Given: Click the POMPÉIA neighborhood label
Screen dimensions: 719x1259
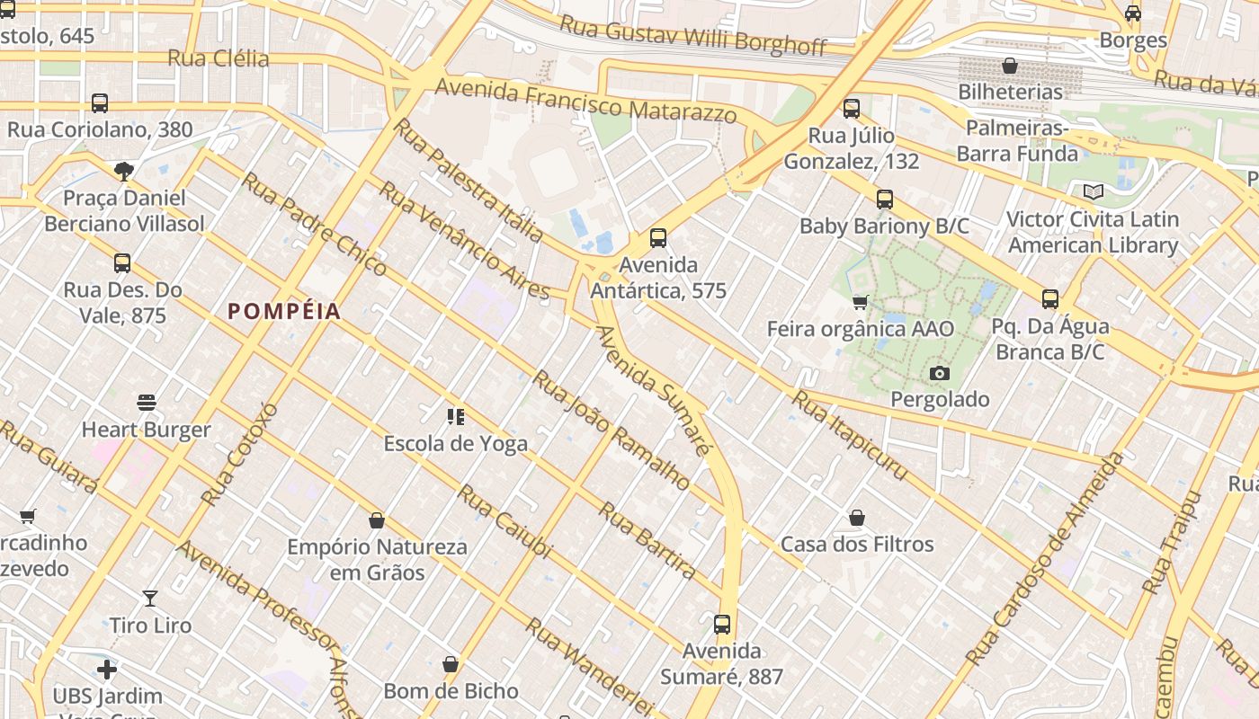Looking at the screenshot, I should tap(284, 312).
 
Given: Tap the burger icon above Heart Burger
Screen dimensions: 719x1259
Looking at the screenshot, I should tap(147, 403).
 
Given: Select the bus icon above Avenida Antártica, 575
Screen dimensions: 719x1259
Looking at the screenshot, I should tap(658, 238).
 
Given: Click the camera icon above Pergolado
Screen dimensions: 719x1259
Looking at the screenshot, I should tap(940, 373).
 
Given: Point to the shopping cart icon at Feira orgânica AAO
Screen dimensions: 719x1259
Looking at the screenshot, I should tap(861, 302).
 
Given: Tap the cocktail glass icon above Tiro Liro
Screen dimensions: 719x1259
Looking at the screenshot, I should tap(150, 598).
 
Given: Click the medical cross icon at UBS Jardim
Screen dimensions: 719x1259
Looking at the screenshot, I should tap(107, 670).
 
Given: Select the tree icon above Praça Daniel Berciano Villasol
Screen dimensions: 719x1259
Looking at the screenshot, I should tap(124, 171).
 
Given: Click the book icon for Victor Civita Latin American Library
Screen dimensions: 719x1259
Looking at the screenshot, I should tap(1093, 191).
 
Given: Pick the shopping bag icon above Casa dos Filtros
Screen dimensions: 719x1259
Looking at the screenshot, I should tap(857, 518).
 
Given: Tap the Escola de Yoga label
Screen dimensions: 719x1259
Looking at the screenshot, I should tap(455, 443).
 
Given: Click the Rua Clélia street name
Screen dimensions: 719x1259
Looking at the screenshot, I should tap(219, 59).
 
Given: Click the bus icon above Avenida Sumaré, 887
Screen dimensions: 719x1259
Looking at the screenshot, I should tap(722, 624).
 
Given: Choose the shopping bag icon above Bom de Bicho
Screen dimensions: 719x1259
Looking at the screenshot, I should tap(451, 664).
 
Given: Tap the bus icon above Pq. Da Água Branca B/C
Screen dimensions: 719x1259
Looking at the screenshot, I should tap(1049, 299).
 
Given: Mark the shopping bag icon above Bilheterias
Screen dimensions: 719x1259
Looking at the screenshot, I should tap(1010, 66).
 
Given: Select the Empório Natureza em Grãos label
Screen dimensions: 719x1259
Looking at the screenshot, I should tap(378, 559).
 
